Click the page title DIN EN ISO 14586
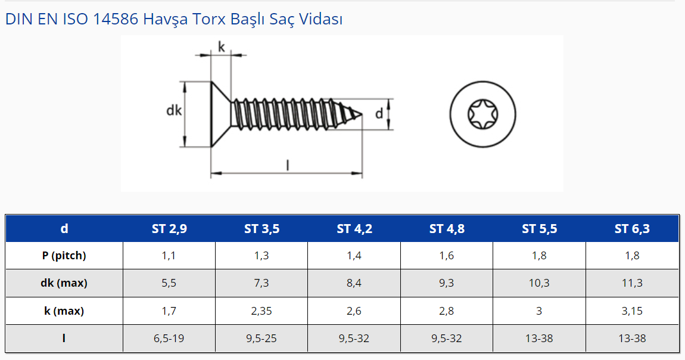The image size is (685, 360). [71, 19]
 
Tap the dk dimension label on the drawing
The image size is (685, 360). [174, 110]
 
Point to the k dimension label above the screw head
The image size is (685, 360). [221, 46]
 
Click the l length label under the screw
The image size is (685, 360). [288, 165]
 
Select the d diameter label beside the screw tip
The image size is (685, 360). [379, 114]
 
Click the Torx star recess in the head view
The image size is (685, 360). [482, 114]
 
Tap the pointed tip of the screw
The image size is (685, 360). [362, 114]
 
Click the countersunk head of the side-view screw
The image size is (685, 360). [220, 114]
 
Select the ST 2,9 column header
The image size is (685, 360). [169, 228]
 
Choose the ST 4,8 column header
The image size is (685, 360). [447, 228]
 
